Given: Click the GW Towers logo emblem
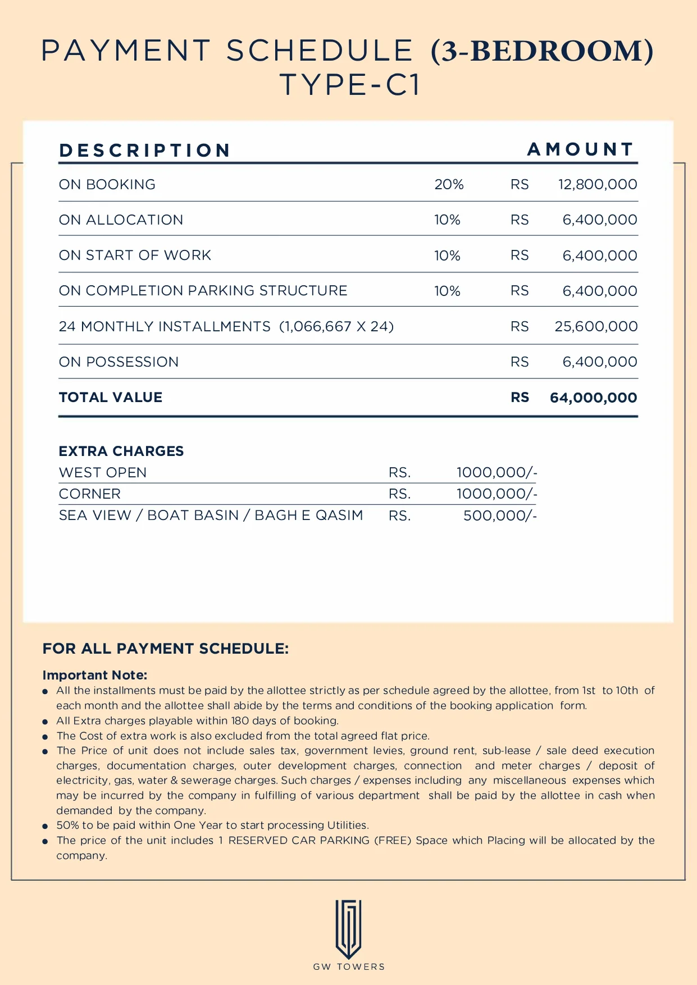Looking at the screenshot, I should [x=348, y=929].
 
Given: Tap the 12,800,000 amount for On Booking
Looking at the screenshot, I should [x=598, y=184].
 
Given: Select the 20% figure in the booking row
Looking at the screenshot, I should [x=449, y=184].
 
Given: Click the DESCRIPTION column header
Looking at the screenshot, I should [x=145, y=151].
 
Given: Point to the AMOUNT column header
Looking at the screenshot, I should [x=581, y=149].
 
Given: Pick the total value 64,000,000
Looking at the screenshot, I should [x=593, y=398].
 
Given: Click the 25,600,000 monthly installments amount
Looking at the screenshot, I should [x=596, y=326].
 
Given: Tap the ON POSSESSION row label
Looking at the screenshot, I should [x=119, y=362].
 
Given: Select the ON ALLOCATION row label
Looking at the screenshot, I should [x=121, y=220].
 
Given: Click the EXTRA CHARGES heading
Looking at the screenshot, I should [x=121, y=451].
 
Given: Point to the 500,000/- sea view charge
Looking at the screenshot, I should [x=500, y=516].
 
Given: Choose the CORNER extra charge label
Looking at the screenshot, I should [x=90, y=494].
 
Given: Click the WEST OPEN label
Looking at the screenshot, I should [x=103, y=472].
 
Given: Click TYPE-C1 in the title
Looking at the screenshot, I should [x=349, y=85].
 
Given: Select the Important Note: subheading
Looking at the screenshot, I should [x=95, y=675].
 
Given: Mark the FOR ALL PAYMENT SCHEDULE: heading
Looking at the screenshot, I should [x=166, y=649].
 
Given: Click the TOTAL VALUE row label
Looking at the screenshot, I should [x=111, y=397].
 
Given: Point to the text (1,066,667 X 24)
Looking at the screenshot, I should [x=336, y=326].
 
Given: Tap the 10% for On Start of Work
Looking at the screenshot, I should [x=447, y=256].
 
